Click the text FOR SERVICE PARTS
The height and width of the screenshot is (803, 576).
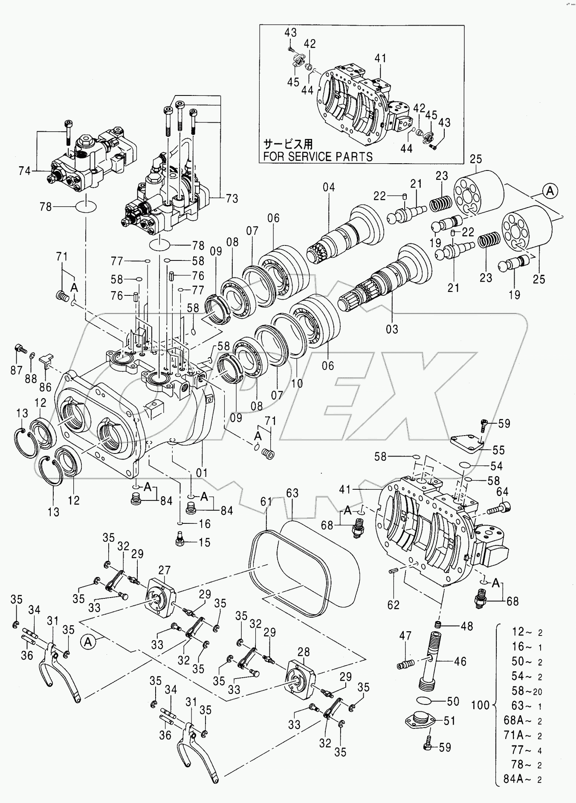tap(318, 156)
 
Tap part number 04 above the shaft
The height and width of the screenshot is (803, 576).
tap(329, 187)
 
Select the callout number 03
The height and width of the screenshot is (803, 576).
tap(392, 329)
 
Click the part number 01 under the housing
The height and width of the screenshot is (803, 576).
tap(202, 473)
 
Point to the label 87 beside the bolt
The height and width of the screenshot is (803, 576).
tap(16, 370)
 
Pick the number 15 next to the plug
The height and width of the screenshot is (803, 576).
tap(205, 543)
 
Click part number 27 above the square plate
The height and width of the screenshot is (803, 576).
tap(165, 570)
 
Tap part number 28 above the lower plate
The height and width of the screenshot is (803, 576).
tap(304, 652)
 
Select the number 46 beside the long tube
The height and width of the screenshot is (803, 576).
tap(460, 661)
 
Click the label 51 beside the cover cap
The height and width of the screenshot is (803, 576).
tap(449, 721)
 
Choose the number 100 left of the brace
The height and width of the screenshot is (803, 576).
tap(480, 705)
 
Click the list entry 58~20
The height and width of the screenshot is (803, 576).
tap(527, 691)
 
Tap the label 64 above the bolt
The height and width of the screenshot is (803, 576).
tap(502, 492)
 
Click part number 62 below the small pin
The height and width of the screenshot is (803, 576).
tap(393, 605)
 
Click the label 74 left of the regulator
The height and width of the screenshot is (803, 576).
tap(24, 171)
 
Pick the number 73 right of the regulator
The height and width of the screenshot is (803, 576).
tap(232, 199)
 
